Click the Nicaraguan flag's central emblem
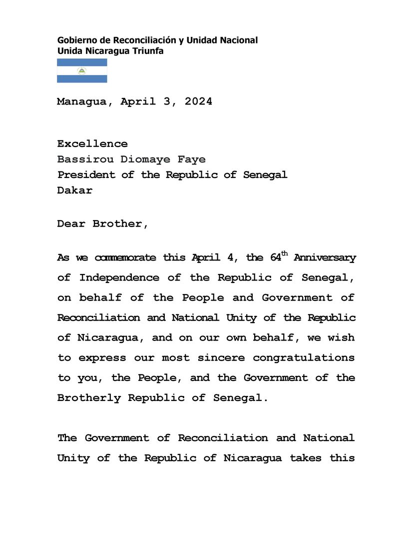coord(82,71)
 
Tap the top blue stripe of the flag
coord(82,62)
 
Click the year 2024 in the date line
coord(198,101)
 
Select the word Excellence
coord(92,144)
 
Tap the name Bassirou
coord(85,159)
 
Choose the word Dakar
coord(74,190)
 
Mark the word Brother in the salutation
coord(120,223)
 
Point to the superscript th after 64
coord(285,253)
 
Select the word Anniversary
coord(325,258)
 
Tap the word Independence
coord(119,277)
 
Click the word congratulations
coord(304,357)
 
